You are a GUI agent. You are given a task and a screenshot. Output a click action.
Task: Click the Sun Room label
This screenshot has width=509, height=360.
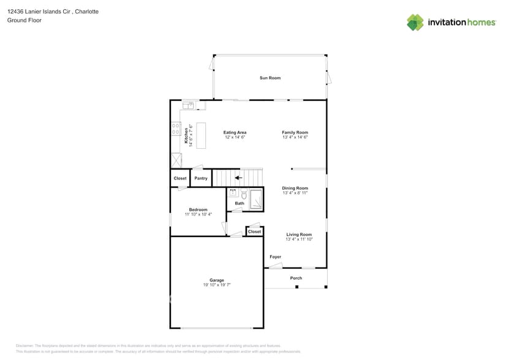click(270, 78)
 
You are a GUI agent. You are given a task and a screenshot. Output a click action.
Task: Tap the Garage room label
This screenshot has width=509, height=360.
click(216, 280)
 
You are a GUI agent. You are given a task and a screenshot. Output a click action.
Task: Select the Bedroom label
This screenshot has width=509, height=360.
click(198, 209)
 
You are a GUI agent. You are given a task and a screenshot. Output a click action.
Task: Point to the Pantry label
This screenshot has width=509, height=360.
click(201, 178)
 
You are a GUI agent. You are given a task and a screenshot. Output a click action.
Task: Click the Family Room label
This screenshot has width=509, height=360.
click(295, 132)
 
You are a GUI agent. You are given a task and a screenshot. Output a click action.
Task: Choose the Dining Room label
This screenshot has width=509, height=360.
click(295, 188)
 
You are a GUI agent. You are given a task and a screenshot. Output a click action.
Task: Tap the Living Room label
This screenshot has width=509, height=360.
click(299, 234)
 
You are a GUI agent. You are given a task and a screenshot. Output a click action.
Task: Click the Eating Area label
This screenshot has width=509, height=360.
click(235, 132)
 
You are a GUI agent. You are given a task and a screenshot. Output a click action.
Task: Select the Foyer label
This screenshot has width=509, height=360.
click(276, 257)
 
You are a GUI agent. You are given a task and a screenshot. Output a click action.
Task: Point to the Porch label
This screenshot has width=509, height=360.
click(296, 278)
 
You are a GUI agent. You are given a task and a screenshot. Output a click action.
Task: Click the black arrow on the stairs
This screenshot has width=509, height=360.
click(238, 178)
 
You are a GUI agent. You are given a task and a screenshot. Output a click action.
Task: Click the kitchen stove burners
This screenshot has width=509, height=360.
click(176, 129)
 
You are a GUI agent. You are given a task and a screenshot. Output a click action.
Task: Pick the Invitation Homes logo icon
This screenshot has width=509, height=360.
click(415, 23)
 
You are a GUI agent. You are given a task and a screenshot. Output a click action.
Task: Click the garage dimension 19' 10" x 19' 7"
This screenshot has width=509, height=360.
click(216, 285)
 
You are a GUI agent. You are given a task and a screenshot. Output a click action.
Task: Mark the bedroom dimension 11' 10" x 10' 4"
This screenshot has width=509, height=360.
click(198, 214)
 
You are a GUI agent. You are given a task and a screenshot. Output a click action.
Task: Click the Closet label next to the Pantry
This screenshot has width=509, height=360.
click(180, 178)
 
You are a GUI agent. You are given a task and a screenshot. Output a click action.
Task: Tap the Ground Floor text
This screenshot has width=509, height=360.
click(21, 20)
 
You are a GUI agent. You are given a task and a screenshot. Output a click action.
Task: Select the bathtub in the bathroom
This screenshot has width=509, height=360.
click(256, 200)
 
